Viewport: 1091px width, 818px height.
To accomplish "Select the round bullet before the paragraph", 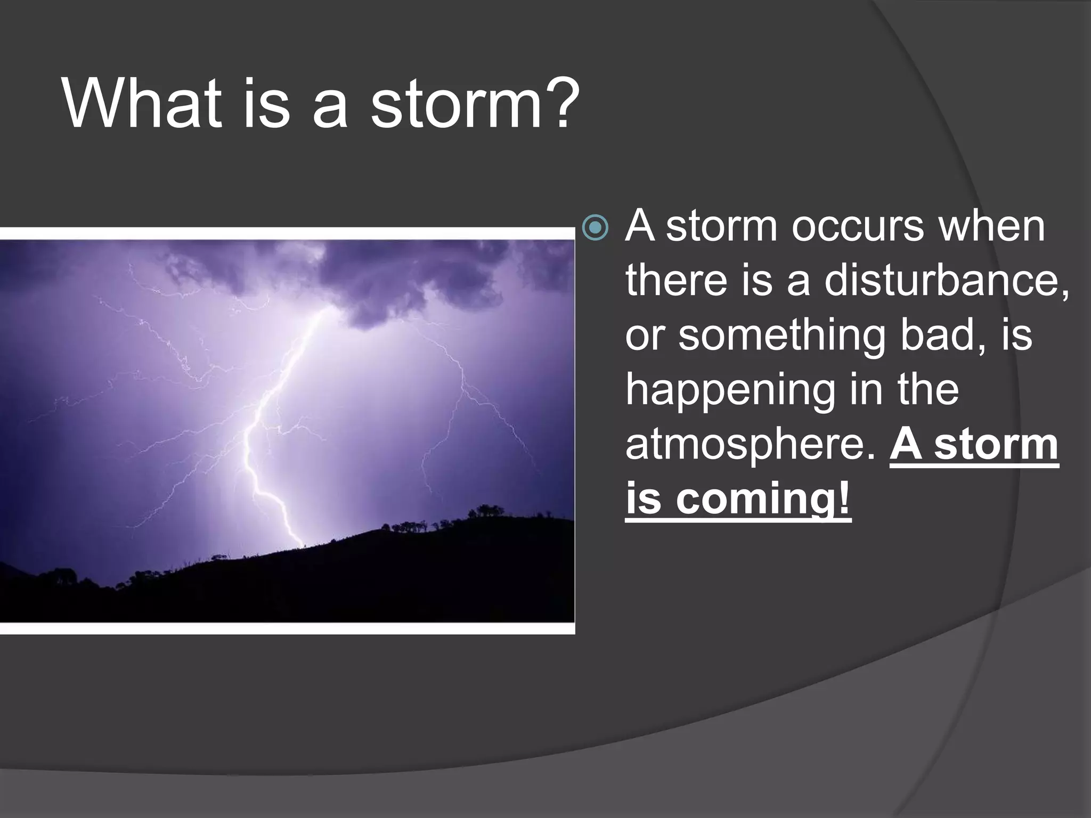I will coord(595,228).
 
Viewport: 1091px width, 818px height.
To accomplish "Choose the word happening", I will coord(730,391).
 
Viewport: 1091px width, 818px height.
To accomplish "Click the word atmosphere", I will coord(750,445).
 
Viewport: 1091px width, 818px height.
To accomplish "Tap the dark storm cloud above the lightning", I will coord(373,277).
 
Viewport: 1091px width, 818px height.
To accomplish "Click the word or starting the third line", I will coord(644,337).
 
